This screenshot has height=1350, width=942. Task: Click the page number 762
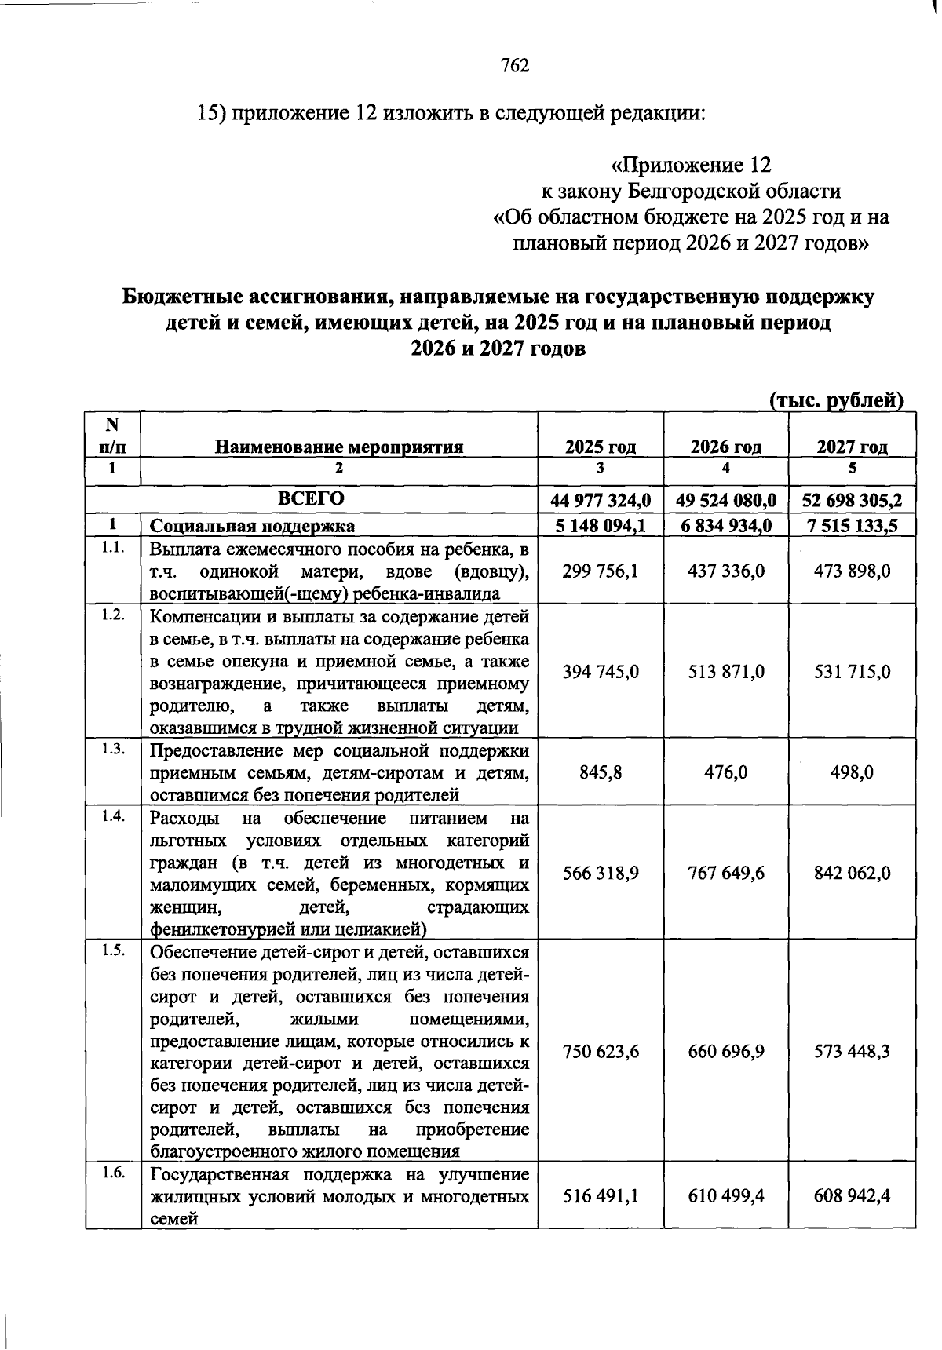(515, 65)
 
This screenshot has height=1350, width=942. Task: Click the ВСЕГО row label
(311, 499)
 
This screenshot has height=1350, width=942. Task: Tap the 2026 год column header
(726, 447)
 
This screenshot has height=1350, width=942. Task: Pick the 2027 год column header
(852, 447)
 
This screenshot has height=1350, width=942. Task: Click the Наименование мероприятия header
(339, 447)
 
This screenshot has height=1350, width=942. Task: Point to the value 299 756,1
(601, 571)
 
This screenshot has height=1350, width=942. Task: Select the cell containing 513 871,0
(726, 672)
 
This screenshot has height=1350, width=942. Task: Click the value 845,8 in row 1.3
(601, 772)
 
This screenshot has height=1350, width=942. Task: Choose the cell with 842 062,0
(852, 873)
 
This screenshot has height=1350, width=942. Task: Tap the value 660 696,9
(726, 1051)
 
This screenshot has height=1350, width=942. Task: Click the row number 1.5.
(113, 950)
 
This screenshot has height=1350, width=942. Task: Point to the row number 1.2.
(113, 615)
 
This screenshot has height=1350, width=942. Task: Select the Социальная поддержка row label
(252, 525)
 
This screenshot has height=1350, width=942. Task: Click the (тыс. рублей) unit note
(836, 400)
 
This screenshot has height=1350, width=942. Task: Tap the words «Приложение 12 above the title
(691, 166)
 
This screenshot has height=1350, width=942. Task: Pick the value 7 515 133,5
(852, 525)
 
